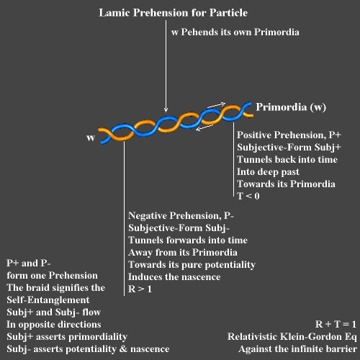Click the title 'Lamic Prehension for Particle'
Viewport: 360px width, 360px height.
173,13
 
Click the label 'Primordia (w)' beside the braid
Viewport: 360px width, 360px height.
291,107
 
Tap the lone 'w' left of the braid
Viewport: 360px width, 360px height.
91,138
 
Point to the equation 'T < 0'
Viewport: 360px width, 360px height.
248,196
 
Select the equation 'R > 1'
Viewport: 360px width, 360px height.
140,289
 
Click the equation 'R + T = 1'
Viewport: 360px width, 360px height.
336,324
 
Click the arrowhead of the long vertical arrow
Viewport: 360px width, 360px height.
166,110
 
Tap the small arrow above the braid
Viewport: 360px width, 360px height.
217,105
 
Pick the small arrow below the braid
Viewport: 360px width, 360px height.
204,127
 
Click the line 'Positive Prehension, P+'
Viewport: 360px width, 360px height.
289,135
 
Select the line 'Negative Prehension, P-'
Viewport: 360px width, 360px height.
181,216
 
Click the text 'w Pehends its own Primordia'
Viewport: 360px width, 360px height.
235,32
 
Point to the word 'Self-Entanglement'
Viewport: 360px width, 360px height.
48,300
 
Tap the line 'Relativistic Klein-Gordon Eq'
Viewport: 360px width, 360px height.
292,336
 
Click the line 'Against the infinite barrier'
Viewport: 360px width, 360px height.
297,348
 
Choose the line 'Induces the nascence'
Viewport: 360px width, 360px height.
174,276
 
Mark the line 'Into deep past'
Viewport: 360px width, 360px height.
268,172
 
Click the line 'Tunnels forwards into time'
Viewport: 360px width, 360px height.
188,240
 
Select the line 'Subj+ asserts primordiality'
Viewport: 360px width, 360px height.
67,337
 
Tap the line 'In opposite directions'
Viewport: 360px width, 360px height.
54,325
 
